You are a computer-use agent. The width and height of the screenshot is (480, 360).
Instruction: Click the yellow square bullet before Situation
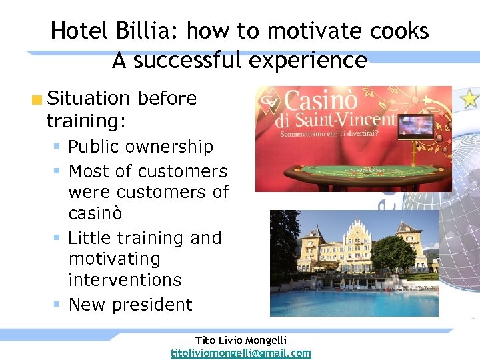tap(37, 100)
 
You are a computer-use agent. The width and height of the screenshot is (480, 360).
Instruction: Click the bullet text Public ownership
tap(141, 147)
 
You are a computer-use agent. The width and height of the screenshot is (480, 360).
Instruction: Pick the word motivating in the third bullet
tap(114, 259)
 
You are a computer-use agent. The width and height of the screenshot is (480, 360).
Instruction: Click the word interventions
tap(125, 280)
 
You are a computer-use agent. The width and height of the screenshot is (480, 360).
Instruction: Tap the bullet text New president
tap(130, 305)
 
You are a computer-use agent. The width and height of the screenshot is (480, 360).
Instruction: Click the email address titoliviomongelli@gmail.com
tap(241, 353)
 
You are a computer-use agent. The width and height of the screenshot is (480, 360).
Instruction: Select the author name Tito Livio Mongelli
tap(240, 340)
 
